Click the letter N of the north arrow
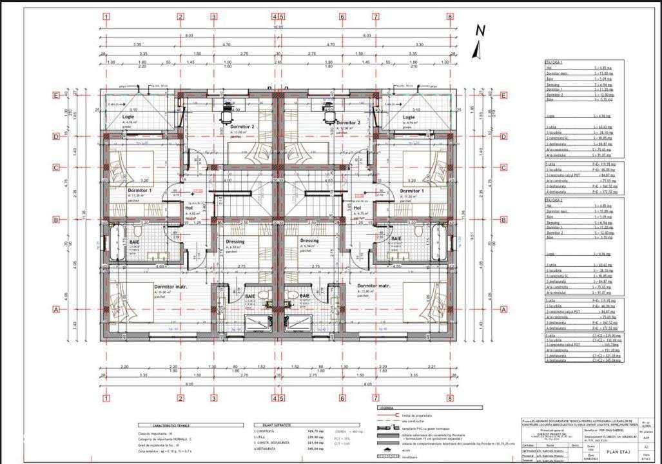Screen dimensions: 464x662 click(480, 30)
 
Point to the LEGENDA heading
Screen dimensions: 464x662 click(387, 408)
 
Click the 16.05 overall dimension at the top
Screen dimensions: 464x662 click(277, 28)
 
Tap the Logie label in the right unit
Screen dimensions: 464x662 click(408, 117)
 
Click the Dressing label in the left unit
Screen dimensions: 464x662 click(235, 241)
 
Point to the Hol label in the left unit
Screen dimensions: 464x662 click(190, 208)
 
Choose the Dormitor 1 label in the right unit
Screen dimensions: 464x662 click(411, 191)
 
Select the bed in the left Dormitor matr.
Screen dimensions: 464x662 click(126, 309)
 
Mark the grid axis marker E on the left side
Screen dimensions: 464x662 click(55, 95)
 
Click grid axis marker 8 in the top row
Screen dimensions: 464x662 click(449, 17)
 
